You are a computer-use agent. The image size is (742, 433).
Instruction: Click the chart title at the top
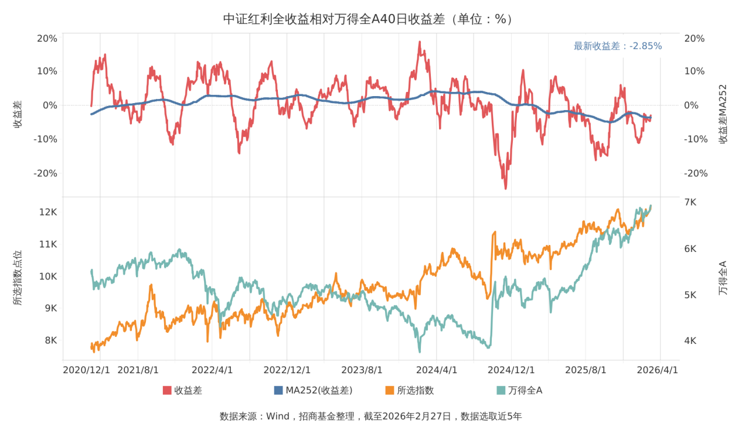click(x=370, y=19)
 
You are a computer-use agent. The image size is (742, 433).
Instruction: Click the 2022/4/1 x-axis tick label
click(x=212, y=370)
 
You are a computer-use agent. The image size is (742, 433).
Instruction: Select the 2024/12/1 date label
click(x=511, y=370)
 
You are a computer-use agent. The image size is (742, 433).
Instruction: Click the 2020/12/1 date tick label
click(x=86, y=370)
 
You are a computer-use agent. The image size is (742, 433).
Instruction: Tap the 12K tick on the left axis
click(x=47, y=212)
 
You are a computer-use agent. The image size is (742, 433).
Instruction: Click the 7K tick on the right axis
click(x=690, y=202)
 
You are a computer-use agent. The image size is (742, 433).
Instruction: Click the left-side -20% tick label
click(x=46, y=173)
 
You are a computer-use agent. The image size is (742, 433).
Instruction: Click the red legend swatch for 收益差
click(x=167, y=390)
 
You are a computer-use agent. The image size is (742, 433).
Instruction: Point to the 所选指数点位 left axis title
click(x=18, y=278)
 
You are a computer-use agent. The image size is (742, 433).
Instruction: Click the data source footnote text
click(x=370, y=417)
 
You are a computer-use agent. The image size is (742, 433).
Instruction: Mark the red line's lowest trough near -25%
click(x=505, y=188)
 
